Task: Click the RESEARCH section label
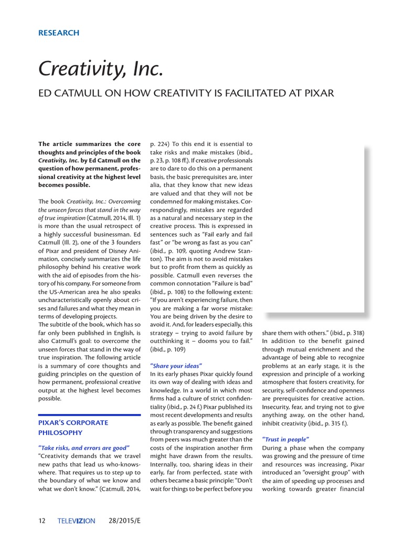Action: click(x=59, y=33)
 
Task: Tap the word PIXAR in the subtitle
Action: click(x=315, y=94)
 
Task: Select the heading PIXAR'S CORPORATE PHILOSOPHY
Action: click(x=73, y=427)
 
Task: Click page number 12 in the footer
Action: click(x=42, y=521)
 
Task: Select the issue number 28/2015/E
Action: click(x=128, y=521)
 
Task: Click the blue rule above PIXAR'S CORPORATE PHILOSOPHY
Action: click(x=90, y=415)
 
